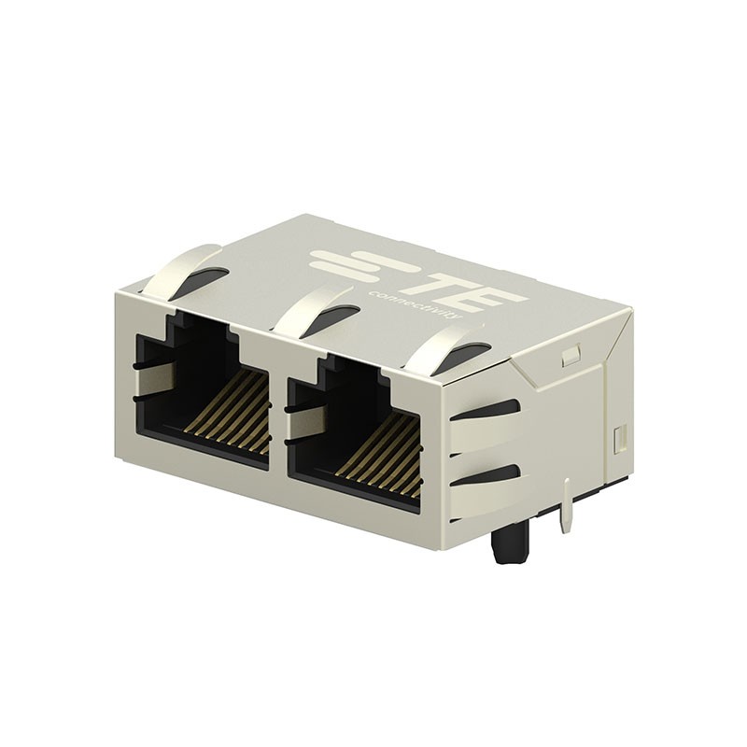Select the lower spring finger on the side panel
tap(486, 495)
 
